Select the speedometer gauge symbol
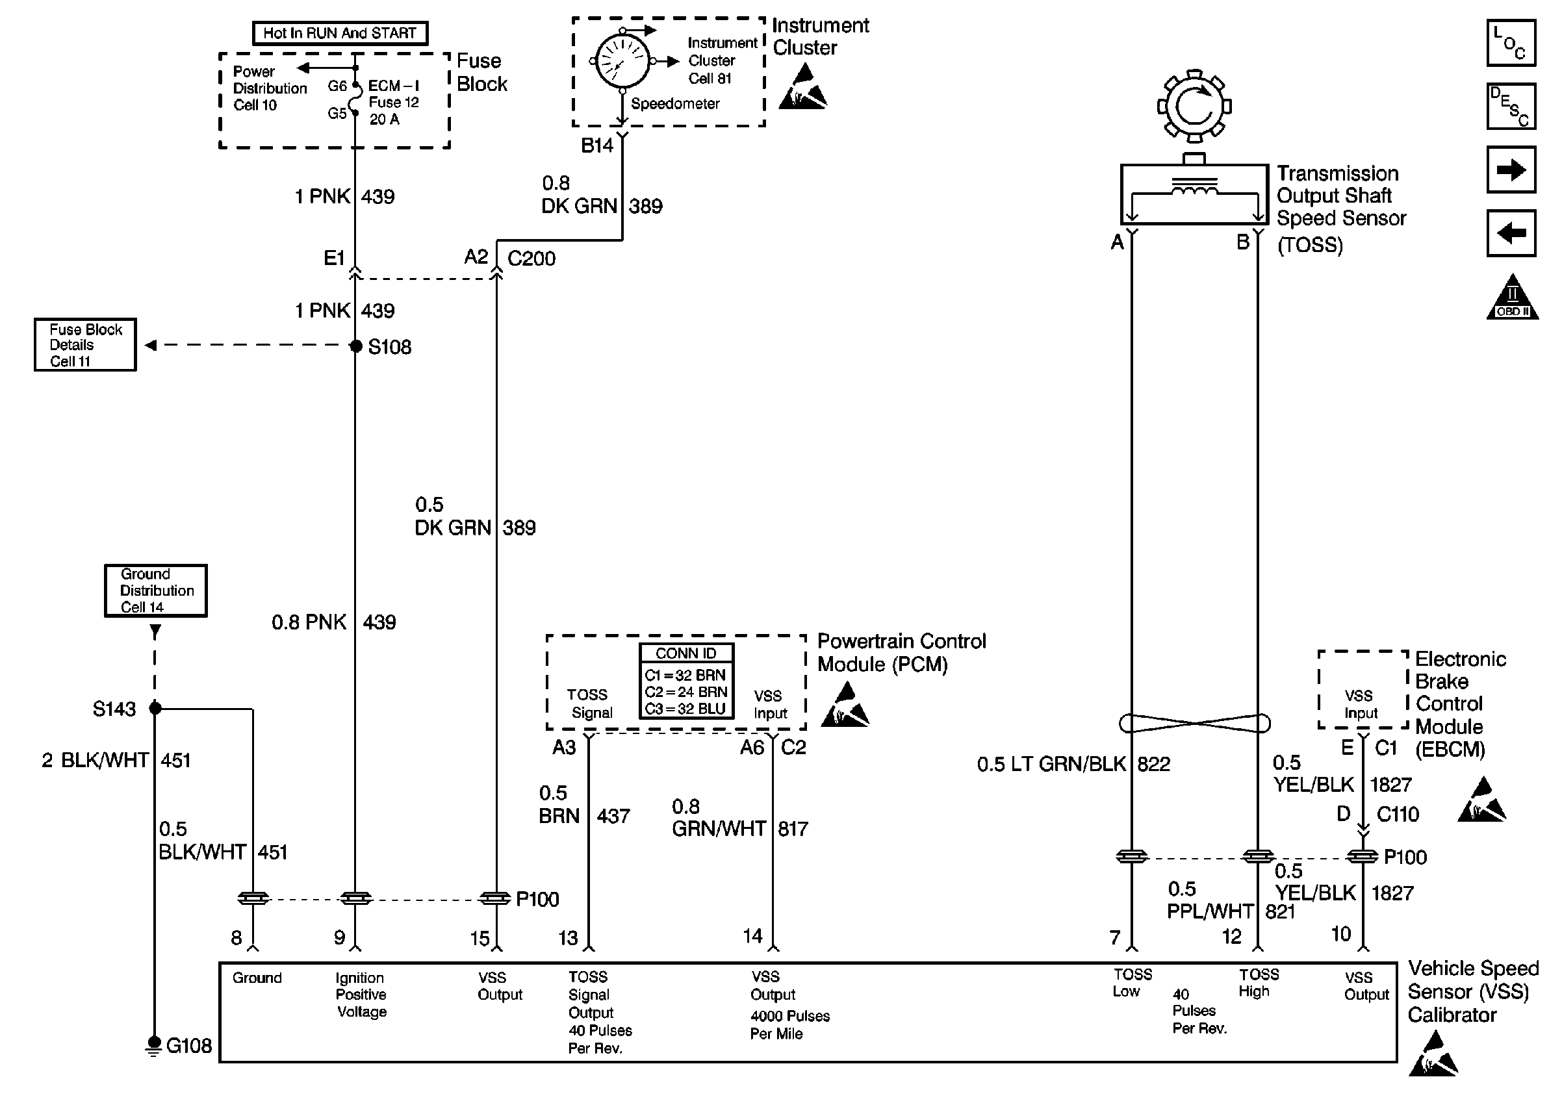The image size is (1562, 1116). tap(622, 62)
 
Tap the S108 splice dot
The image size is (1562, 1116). tap(355, 346)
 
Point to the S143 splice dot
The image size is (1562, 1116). tap(155, 708)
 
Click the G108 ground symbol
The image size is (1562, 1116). tap(154, 1045)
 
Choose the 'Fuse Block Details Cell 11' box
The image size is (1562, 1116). tap(85, 345)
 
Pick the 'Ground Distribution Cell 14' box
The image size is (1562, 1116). tap(155, 590)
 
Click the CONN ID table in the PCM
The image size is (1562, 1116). tap(686, 681)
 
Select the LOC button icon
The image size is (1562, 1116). tap(1511, 43)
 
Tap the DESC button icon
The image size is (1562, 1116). tap(1511, 107)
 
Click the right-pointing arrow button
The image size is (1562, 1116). tap(1511, 170)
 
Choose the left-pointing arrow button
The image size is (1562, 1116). tap(1511, 233)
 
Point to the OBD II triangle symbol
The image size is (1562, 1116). tap(1512, 299)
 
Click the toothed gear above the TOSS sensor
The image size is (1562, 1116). tap(1194, 107)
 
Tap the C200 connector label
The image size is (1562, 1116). tap(531, 259)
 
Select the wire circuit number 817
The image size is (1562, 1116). tap(793, 829)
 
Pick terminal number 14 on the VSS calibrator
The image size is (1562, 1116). tap(752, 936)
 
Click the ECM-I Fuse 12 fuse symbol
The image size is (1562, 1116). tap(355, 100)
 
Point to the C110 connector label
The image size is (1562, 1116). tap(1397, 815)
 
